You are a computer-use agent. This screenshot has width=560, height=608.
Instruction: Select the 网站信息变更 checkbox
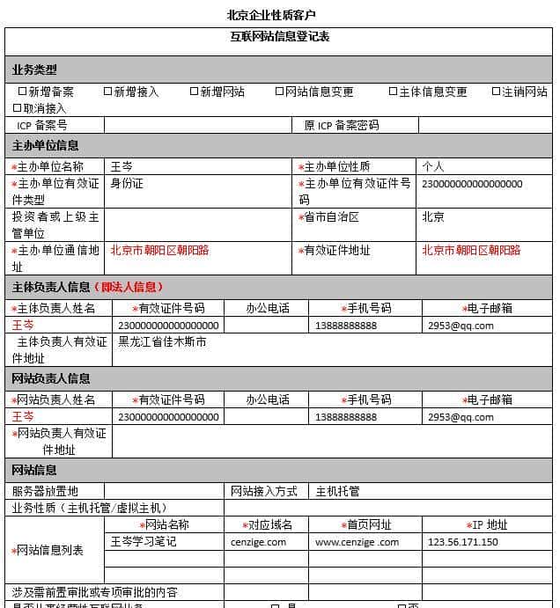(279, 92)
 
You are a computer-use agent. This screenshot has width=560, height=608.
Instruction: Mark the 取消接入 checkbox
(17, 108)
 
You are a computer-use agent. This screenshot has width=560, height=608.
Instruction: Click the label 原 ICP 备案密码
(342, 126)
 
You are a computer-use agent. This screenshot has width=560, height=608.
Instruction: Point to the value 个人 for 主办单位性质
(433, 166)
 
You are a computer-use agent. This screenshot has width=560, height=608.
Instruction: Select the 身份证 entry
(127, 184)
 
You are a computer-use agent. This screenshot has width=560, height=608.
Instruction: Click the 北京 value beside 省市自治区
(433, 216)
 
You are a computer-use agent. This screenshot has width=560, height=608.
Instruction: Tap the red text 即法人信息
(131, 287)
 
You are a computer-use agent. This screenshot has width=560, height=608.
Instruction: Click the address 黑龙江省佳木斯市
(162, 341)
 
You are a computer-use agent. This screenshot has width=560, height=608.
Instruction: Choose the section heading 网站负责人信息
(51, 378)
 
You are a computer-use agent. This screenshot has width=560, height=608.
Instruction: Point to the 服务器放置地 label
(45, 491)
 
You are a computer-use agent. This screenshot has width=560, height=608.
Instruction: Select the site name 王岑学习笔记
(143, 542)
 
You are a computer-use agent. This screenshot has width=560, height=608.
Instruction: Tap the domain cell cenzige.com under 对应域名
(258, 542)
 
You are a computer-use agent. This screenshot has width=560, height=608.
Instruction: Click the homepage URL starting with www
(357, 542)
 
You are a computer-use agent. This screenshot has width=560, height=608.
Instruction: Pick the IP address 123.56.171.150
(462, 542)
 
